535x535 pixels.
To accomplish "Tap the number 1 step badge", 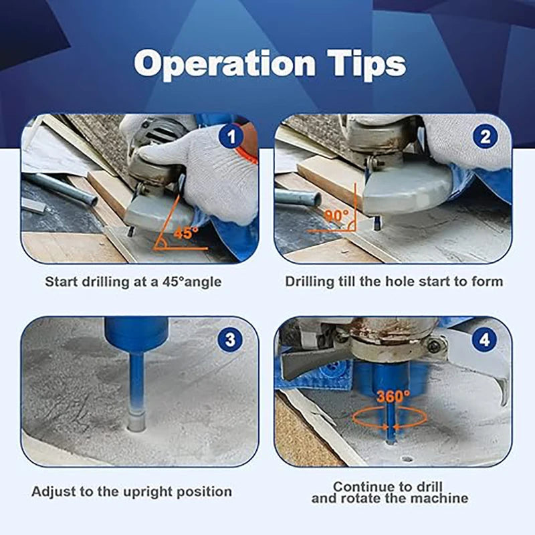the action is (231, 137).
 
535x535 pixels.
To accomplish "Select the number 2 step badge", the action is (486, 137).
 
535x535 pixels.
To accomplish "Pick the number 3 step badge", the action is (230, 339).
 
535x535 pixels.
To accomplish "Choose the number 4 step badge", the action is (484, 339).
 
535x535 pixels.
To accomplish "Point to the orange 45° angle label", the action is (186, 233).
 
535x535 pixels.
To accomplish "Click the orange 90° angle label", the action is (337, 215).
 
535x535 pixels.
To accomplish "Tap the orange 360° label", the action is (393, 396).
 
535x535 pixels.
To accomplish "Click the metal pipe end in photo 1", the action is (90, 199).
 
